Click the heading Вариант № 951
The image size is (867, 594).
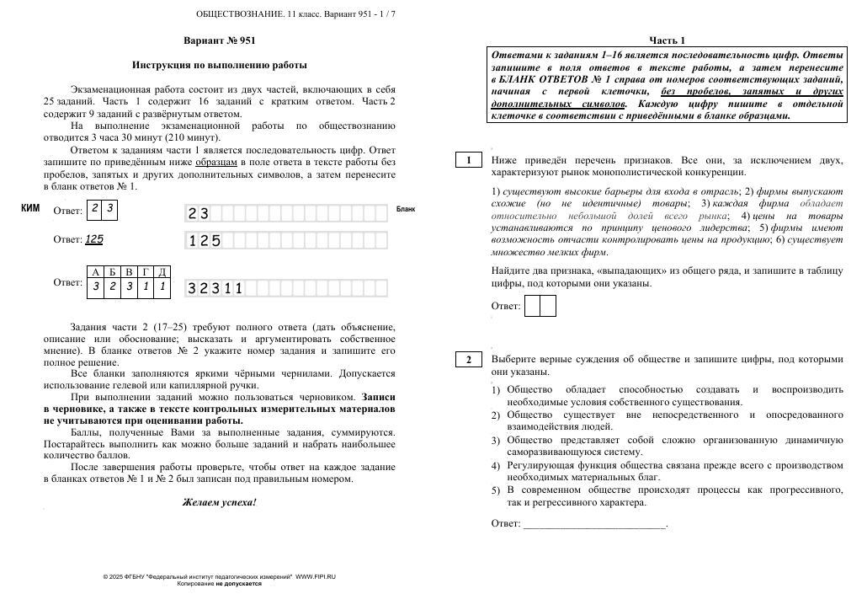219,40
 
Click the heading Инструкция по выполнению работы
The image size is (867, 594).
219,64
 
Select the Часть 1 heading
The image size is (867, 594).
667,40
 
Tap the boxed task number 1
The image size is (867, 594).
468,160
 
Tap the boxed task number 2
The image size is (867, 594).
468,360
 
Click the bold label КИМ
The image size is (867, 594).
30,207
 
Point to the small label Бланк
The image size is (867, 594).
406,209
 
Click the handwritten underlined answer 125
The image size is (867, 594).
94,239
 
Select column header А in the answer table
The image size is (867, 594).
95,272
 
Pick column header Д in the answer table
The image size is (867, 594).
162,272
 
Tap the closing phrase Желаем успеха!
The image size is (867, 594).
219,502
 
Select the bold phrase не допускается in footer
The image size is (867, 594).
238,583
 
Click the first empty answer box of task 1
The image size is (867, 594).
532,306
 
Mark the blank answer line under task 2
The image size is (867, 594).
593,524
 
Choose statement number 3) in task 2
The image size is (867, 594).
496,441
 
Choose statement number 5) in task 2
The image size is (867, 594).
496,490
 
